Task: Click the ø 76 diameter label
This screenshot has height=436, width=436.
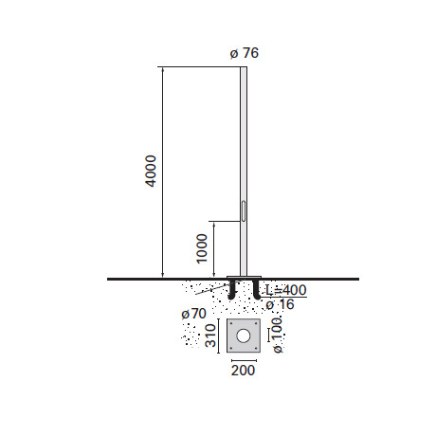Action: (x=245, y=53)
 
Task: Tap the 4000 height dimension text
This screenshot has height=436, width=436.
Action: (x=152, y=171)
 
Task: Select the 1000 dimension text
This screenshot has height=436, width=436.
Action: (x=202, y=248)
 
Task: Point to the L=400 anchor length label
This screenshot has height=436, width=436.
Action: (x=285, y=290)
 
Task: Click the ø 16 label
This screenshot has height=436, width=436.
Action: (x=280, y=304)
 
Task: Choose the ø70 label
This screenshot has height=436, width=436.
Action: (x=193, y=314)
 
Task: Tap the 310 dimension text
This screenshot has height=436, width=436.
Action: (x=210, y=336)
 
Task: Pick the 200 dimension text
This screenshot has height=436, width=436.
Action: (x=243, y=371)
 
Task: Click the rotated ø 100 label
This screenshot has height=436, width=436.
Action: (x=277, y=336)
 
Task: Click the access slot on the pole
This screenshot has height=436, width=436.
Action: (x=244, y=210)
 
